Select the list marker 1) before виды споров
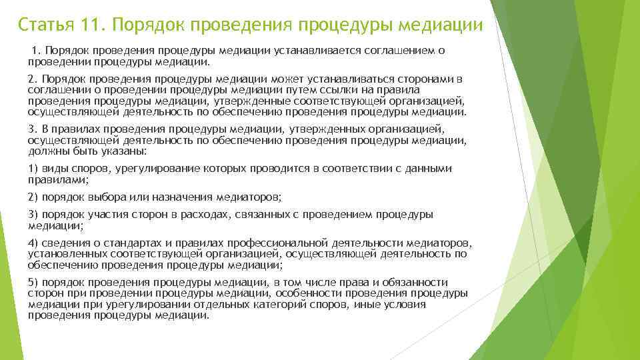[33, 169]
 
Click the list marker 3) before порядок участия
[33, 215]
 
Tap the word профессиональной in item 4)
[276, 243]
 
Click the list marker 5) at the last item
[33, 283]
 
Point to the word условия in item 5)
[406, 304]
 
